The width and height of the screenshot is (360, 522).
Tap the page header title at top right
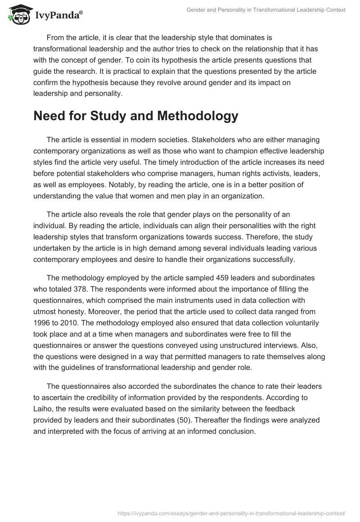point(266,10)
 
